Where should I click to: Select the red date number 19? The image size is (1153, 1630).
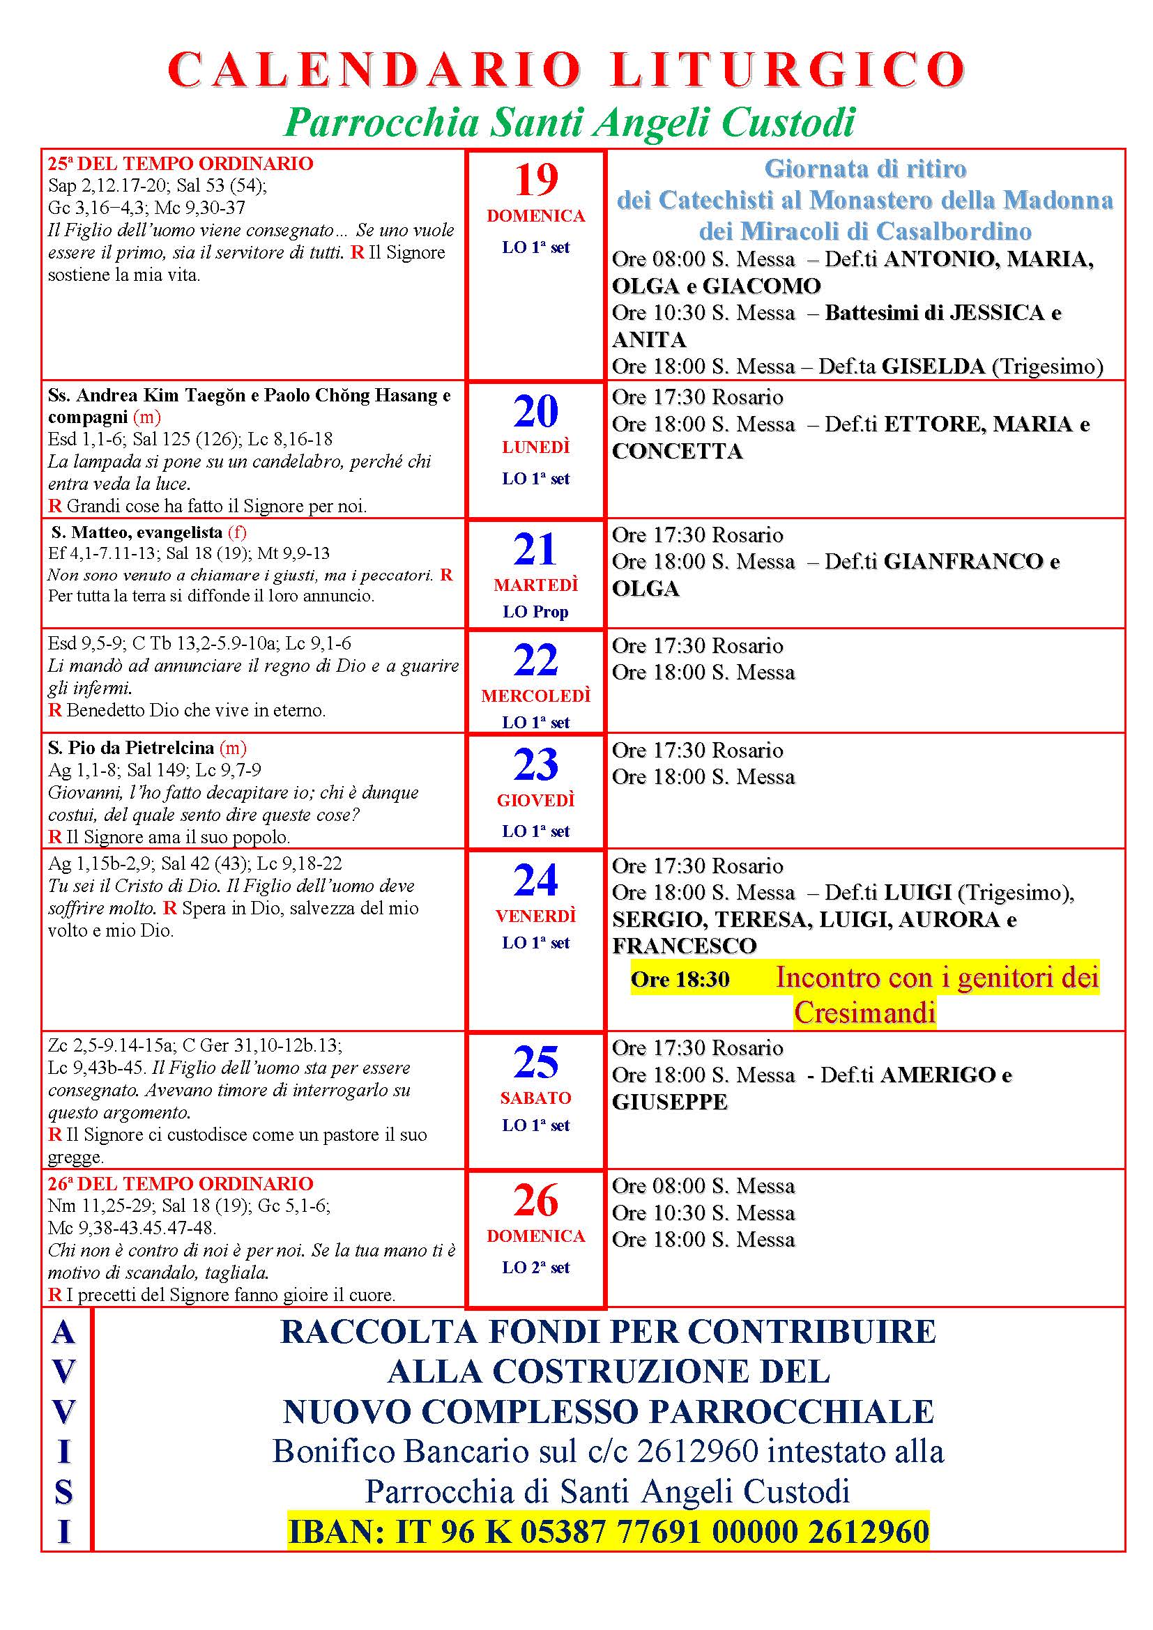[x=536, y=180]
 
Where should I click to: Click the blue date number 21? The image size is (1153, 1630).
[x=536, y=549]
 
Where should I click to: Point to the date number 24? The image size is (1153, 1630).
[x=536, y=880]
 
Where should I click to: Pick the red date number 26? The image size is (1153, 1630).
[x=536, y=1201]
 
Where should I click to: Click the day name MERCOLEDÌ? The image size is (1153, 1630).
[x=536, y=695]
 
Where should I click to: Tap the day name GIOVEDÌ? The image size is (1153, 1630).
[x=536, y=800]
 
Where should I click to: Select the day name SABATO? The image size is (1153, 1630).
[x=536, y=1098]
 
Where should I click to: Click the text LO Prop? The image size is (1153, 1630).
[x=536, y=611]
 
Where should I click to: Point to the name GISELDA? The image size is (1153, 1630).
[x=933, y=367]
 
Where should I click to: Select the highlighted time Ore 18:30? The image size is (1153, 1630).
[x=680, y=980]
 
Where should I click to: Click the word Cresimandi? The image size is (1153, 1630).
[x=864, y=1013]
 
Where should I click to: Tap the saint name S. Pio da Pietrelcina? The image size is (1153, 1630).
[x=131, y=748]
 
